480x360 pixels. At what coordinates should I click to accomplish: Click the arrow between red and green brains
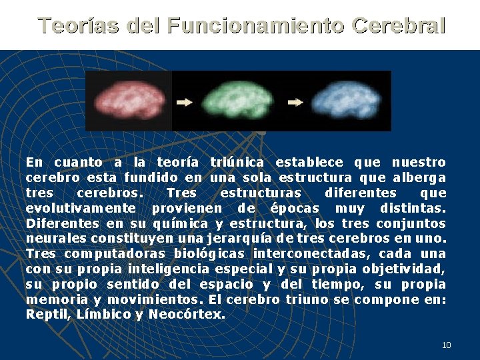pyautogui.click(x=185, y=103)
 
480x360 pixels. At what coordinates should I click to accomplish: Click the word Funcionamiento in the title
pyautogui.click(x=256, y=26)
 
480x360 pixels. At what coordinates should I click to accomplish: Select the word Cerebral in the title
pyautogui.click(x=398, y=26)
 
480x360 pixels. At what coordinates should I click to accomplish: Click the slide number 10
pyautogui.click(x=446, y=345)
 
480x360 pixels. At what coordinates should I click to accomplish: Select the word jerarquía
pyautogui.click(x=237, y=239)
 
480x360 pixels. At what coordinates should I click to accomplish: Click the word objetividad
pyautogui.click(x=403, y=269)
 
